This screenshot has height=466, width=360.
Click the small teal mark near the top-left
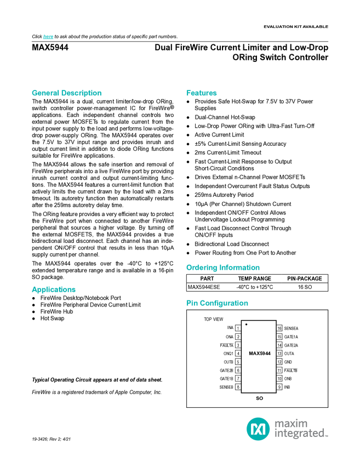coord(48,37)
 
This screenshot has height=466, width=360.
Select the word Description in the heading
coord(82,93)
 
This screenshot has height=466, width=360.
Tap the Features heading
coord(202,93)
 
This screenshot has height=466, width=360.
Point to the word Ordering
coord(201,268)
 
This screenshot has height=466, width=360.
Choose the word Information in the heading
coord(239,268)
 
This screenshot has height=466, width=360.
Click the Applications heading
coord(53,289)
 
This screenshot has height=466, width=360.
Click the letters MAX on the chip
coord(254,354)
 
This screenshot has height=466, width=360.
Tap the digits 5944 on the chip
coord(265,354)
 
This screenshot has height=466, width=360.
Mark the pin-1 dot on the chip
coord(247,325)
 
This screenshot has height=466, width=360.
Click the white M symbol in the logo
coord(258,428)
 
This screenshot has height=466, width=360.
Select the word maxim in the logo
coord(291,423)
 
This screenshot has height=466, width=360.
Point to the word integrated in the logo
coord(299,434)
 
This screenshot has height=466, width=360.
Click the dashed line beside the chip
coord(277,356)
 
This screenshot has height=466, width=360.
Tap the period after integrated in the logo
coord(327,436)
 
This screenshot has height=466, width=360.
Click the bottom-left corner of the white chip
coord(242,392)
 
